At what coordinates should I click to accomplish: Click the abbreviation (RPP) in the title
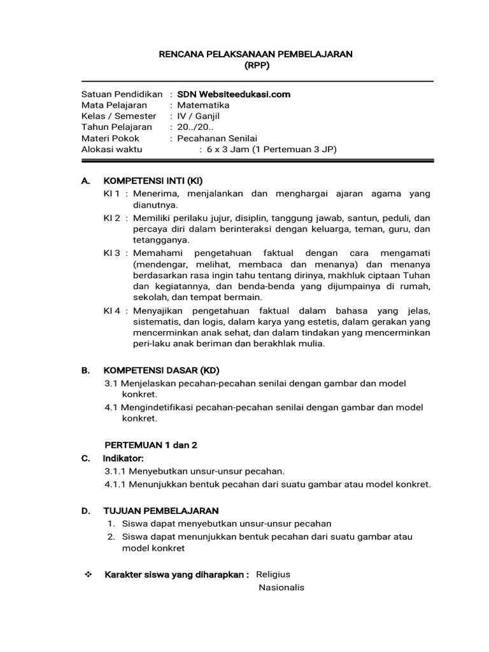pyautogui.click(x=255, y=66)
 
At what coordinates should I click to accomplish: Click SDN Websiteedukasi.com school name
pyautogui.click(x=234, y=94)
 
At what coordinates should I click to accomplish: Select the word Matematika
pyautogui.click(x=204, y=105)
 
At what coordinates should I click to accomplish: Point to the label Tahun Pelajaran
pyautogui.click(x=117, y=127)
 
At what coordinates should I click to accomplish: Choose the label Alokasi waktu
pyautogui.click(x=112, y=149)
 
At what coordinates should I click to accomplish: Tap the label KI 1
pyautogui.click(x=112, y=194)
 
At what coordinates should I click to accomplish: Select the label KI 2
pyautogui.click(x=112, y=217)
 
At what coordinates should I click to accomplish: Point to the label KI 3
pyautogui.click(x=112, y=253)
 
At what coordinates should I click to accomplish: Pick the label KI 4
pyautogui.click(x=112, y=311)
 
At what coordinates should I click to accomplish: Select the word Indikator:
pyautogui.click(x=124, y=458)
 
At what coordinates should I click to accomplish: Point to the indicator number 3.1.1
pyautogui.click(x=116, y=471)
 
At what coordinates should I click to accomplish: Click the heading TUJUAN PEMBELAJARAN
pyautogui.click(x=161, y=511)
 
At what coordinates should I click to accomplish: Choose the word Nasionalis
pyautogui.click(x=281, y=587)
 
